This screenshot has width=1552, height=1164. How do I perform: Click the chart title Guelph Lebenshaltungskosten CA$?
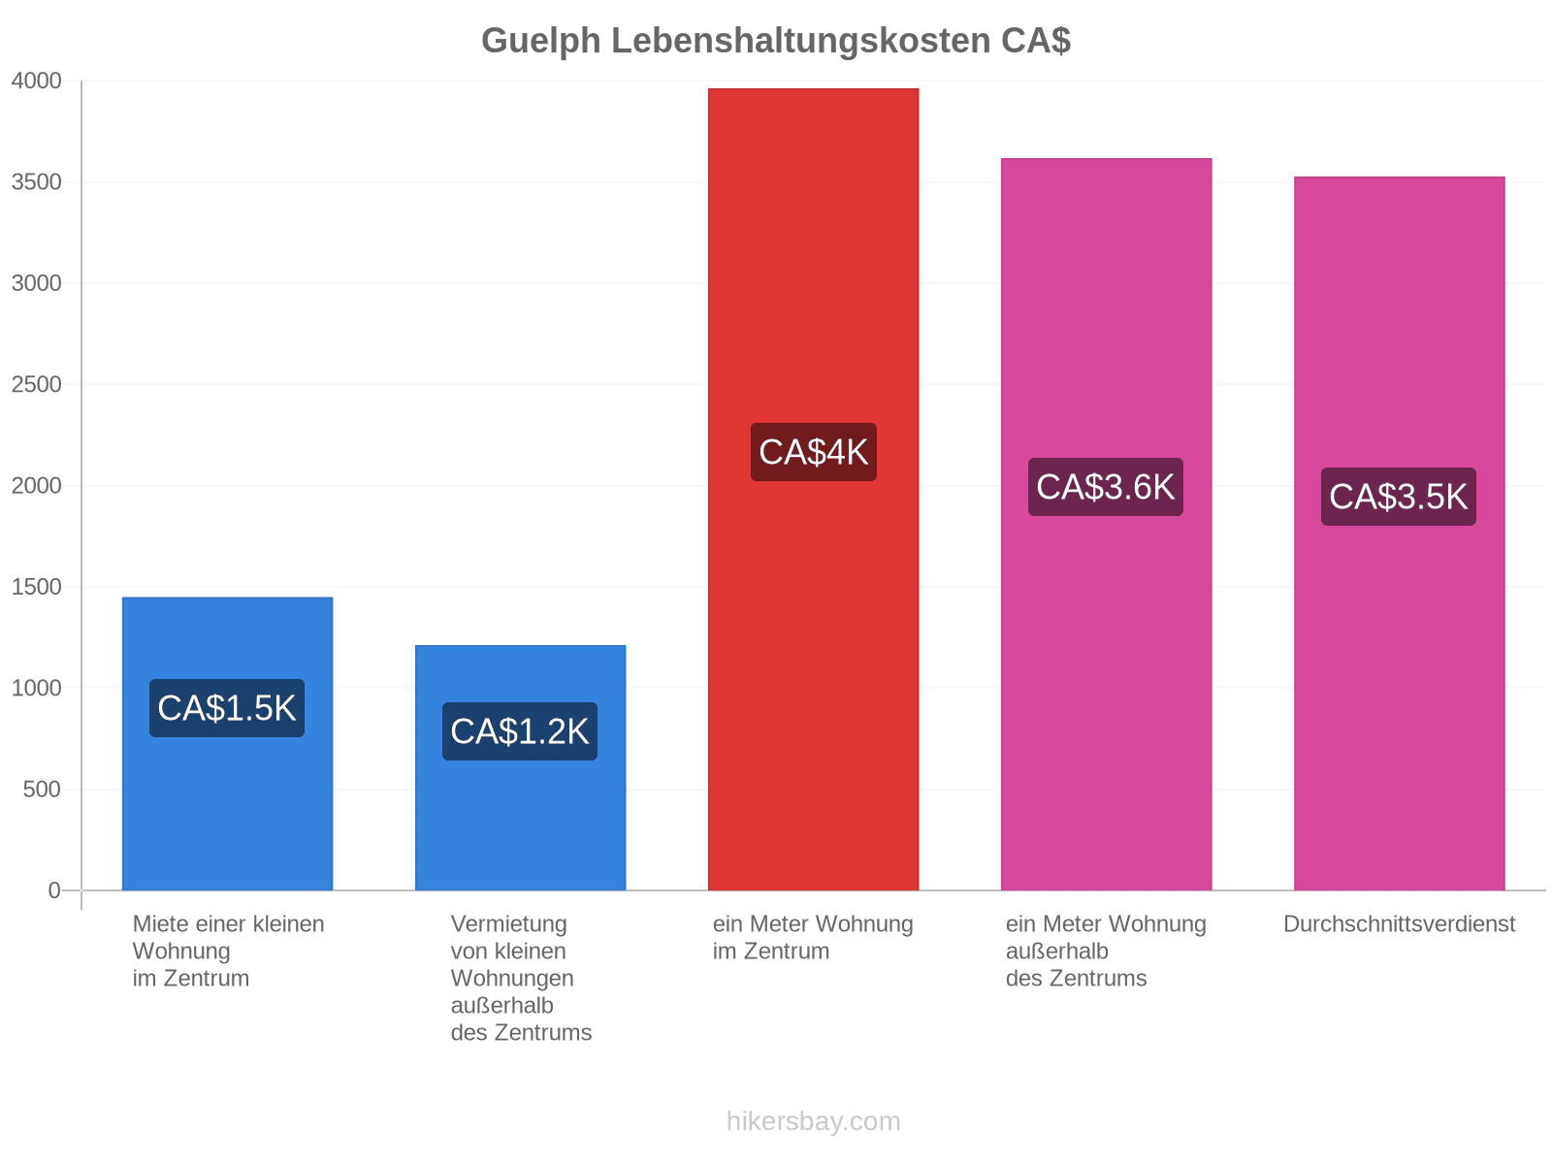(x=776, y=41)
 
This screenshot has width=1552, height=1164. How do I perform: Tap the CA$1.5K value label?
(x=226, y=708)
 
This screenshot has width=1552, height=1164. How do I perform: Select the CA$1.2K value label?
(x=520, y=731)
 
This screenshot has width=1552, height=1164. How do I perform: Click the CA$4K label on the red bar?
(x=813, y=452)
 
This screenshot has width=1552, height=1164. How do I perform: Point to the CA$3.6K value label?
(x=1105, y=487)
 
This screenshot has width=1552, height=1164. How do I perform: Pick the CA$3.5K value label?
(x=1399, y=496)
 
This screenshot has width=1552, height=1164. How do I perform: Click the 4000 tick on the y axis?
(x=36, y=81)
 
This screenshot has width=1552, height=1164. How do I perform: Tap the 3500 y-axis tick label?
(x=36, y=181)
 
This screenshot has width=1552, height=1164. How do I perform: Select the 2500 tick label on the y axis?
(x=36, y=384)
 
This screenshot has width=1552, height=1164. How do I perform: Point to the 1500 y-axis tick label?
(x=36, y=587)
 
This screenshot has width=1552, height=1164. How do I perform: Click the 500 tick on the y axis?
(x=42, y=790)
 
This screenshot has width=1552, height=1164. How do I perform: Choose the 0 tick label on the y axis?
(x=53, y=890)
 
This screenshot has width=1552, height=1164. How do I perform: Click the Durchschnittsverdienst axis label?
(x=1399, y=924)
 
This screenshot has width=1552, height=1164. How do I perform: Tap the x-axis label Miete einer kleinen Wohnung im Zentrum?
(x=228, y=952)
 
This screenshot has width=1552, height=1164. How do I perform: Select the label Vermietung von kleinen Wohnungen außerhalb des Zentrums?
(x=521, y=979)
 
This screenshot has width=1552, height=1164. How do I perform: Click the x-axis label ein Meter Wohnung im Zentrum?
(x=813, y=938)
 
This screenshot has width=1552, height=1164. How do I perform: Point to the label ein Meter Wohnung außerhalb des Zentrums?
(x=1106, y=952)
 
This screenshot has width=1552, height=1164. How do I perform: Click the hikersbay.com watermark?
(x=813, y=1121)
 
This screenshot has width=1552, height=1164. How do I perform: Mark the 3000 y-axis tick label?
(x=36, y=283)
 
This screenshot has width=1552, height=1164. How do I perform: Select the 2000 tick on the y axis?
(x=36, y=486)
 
